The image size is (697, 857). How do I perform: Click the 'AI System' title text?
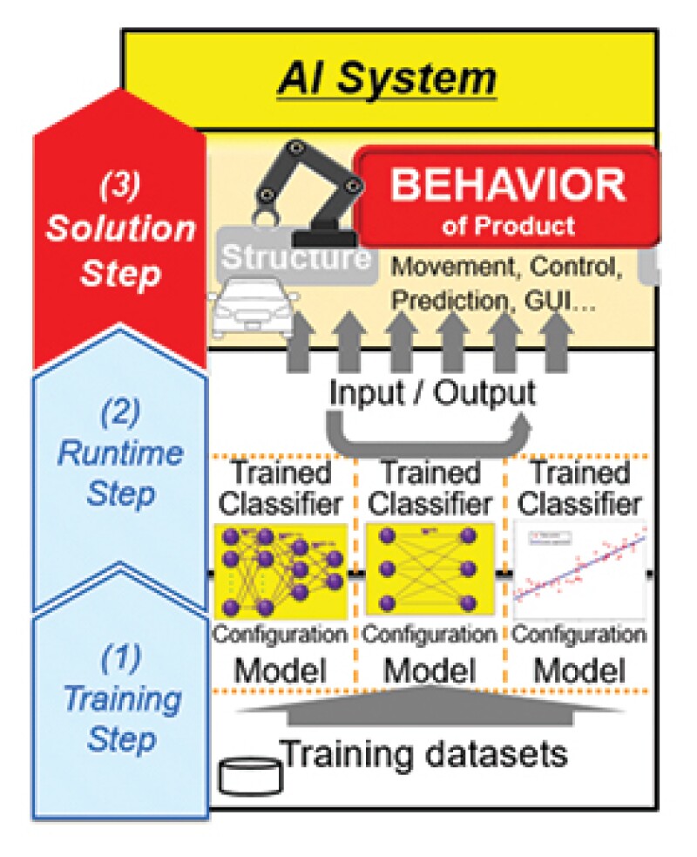[387, 79]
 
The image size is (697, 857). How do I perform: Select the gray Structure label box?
[295, 258]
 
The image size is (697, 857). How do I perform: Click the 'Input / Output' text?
[433, 393]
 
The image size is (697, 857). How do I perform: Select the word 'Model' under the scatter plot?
[579, 670]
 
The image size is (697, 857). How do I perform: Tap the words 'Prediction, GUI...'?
[488, 299]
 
